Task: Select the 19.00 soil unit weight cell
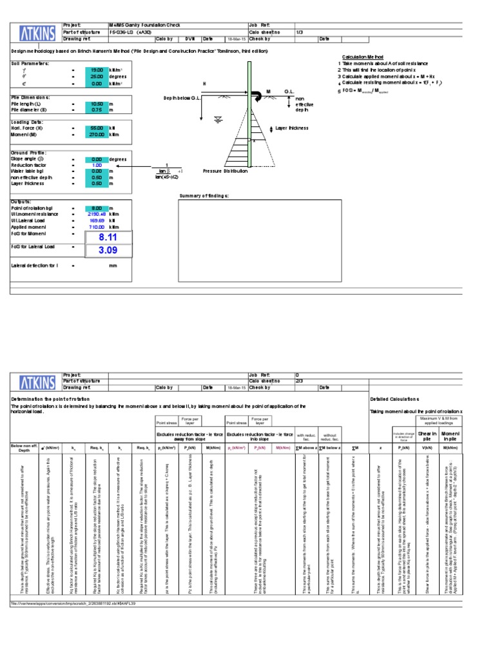pyautogui.click(x=97, y=70)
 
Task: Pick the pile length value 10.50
pyautogui.click(x=97, y=103)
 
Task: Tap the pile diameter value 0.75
pyautogui.click(x=97, y=110)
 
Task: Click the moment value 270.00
pyautogui.click(x=97, y=135)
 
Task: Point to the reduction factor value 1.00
pyautogui.click(x=97, y=165)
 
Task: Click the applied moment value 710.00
pyautogui.click(x=97, y=227)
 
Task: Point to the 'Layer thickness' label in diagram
pyautogui.click(x=292, y=128)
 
